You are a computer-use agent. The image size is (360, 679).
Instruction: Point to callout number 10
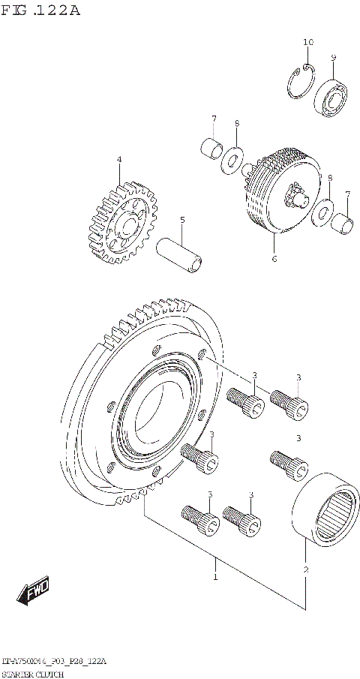tap(307, 43)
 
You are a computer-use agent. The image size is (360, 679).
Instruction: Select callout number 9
tap(334, 57)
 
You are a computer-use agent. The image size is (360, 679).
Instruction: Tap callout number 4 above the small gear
tap(118, 160)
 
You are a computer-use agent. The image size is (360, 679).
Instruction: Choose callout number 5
tap(181, 220)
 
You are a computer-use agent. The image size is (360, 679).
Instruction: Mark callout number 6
tap(274, 259)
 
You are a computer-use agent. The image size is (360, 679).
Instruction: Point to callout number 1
tap(214, 577)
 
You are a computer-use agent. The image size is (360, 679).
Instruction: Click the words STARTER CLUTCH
tap(33, 674)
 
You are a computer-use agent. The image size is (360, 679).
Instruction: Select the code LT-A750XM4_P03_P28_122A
tap(53, 662)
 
